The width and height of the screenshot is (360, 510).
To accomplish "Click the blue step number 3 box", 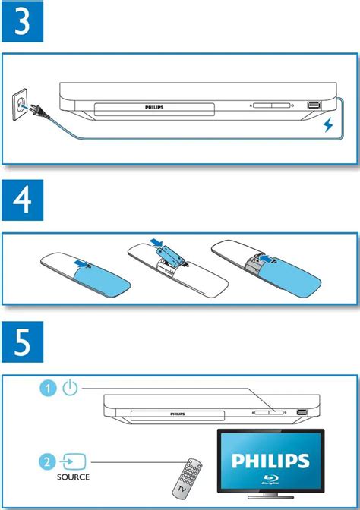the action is [x=23, y=21].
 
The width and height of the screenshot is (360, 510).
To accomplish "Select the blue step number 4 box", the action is [x=23, y=200].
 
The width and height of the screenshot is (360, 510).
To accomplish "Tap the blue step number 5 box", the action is [x=23, y=342].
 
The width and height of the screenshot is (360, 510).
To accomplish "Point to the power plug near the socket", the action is [x=39, y=112].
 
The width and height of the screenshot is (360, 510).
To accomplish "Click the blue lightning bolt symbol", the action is [x=328, y=125].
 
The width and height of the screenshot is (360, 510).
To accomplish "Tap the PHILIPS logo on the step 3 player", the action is [x=154, y=107].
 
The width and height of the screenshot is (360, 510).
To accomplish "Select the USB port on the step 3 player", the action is [x=314, y=105].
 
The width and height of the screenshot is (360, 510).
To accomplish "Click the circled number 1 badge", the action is [x=48, y=389].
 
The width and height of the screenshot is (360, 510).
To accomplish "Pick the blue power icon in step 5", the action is [x=70, y=388].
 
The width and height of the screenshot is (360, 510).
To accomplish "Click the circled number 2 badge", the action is [x=48, y=461].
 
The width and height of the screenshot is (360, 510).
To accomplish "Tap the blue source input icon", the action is [x=74, y=461].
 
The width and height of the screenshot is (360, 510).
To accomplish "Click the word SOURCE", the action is [x=73, y=477].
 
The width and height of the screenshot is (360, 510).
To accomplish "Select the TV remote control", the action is [x=187, y=478].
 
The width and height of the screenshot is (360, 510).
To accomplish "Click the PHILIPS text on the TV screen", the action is [x=270, y=461].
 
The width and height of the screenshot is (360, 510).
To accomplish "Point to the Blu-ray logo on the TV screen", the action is [x=270, y=480].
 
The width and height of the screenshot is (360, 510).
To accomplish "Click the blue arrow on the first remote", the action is [x=81, y=263].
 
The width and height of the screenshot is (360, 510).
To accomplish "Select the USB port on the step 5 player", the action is [x=302, y=412].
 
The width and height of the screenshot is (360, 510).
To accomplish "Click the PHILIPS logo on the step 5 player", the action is [x=178, y=414].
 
